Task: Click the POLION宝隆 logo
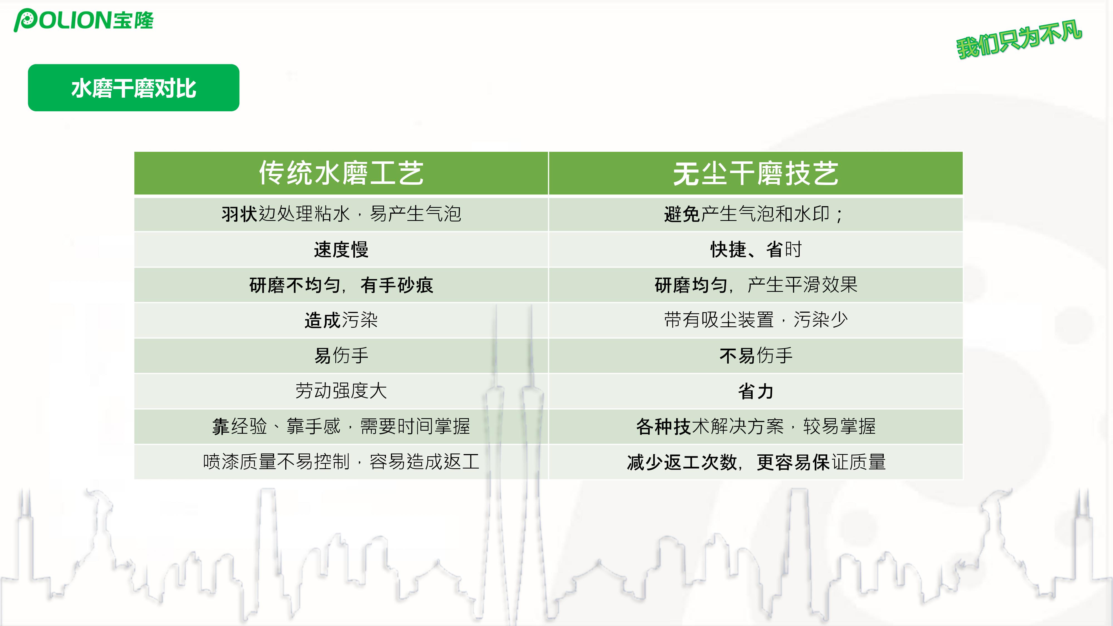(x=84, y=20)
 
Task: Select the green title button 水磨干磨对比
(x=134, y=88)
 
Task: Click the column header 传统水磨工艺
(x=341, y=173)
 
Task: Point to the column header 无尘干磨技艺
(x=756, y=174)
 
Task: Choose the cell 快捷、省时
(x=756, y=249)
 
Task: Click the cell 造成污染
(x=341, y=320)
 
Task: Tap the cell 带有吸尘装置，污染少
(x=756, y=320)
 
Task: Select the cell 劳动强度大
(x=341, y=391)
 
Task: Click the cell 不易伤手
(x=756, y=356)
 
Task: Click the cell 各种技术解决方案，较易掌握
(x=756, y=427)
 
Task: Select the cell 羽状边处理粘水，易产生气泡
(x=341, y=214)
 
